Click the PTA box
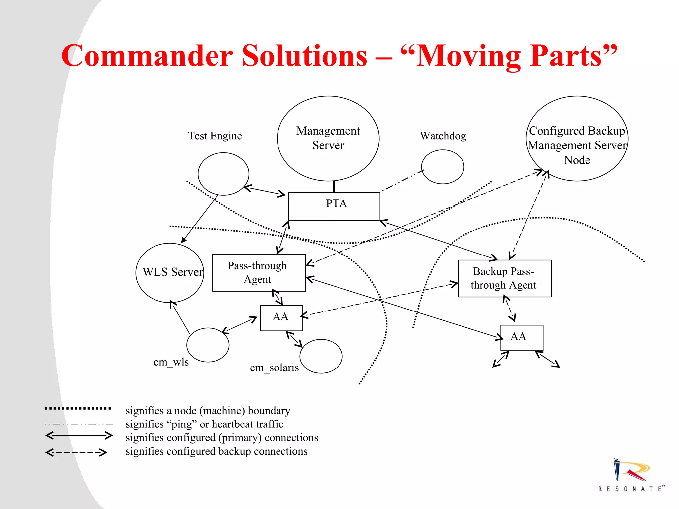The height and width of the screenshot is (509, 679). click(x=334, y=206)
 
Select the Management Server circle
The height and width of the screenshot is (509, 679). click(x=328, y=138)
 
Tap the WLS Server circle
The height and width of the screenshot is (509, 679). click(x=170, y=272)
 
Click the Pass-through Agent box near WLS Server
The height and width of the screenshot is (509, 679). click(x=259, y=273)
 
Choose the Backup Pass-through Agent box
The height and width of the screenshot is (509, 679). click(x=505, y=278)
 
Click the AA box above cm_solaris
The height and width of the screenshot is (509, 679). click(x=281, y=318)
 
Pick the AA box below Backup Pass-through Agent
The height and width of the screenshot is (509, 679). click(x=522, y=338)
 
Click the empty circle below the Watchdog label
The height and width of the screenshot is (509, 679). click(x=443, y=167)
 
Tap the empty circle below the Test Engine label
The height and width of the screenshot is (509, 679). click(x=223, y=174)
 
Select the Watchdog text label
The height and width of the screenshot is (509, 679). click(x=443, y=136)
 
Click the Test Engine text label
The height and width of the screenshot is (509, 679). click(x=215, y=136)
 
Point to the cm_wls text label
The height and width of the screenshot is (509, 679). click(x=171, y=362)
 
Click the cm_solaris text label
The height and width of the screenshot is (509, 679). click(x=274, y=368)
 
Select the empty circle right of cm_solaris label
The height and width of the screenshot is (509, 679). click(x=321, y=356)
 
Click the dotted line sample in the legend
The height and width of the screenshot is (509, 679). click(x=79, y=409)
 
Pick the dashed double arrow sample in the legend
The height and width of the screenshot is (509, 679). click(x=76, y=452)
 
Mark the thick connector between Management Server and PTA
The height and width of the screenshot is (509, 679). click(x=334, y=187)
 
